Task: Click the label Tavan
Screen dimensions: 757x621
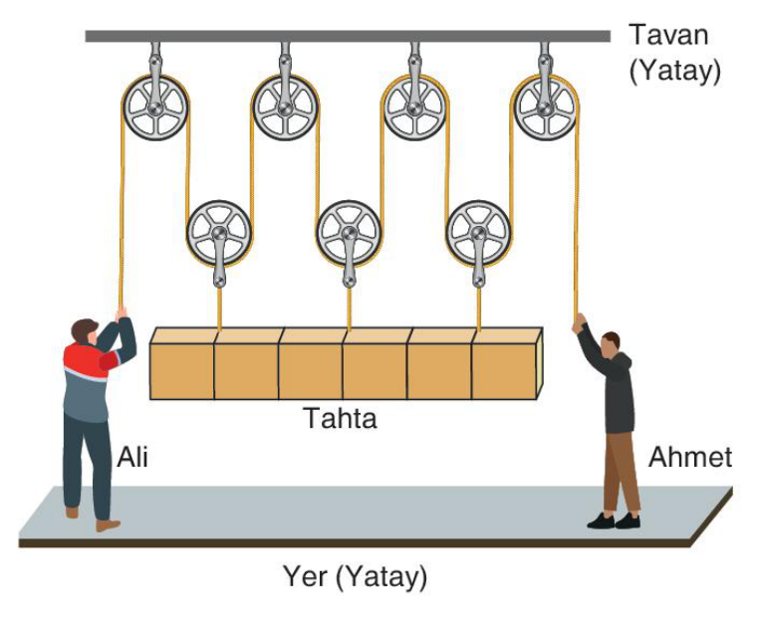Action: tap(668, 35)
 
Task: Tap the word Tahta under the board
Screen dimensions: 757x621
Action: tap(341, 418)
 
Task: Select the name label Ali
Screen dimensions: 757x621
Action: tap(132, 457)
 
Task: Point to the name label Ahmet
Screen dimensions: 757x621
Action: tap(690, 457)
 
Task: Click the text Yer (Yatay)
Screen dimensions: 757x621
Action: tap(356, 576)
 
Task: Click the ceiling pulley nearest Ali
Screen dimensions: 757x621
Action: tap(155, 107)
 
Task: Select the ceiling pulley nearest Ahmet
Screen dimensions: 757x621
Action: tap(546, 107)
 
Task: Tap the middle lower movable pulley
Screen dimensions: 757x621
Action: tap(349, 233)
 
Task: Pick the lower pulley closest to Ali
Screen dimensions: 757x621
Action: tap(219, 233)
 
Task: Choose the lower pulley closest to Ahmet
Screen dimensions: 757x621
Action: tap(478, 233)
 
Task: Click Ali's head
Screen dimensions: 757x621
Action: tap(84, 330)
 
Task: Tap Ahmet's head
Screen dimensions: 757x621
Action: tap(612, 343)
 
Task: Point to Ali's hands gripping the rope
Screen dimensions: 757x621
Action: tap(121, 312)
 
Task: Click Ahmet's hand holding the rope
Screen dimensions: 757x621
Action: tap(579, 322)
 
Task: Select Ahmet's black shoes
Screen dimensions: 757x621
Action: tap(615, 521)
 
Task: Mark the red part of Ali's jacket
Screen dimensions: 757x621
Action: tap(90, 359)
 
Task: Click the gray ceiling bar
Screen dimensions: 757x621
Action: tap(348, 36)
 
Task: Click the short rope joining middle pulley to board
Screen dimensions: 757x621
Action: tap(349, 309)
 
